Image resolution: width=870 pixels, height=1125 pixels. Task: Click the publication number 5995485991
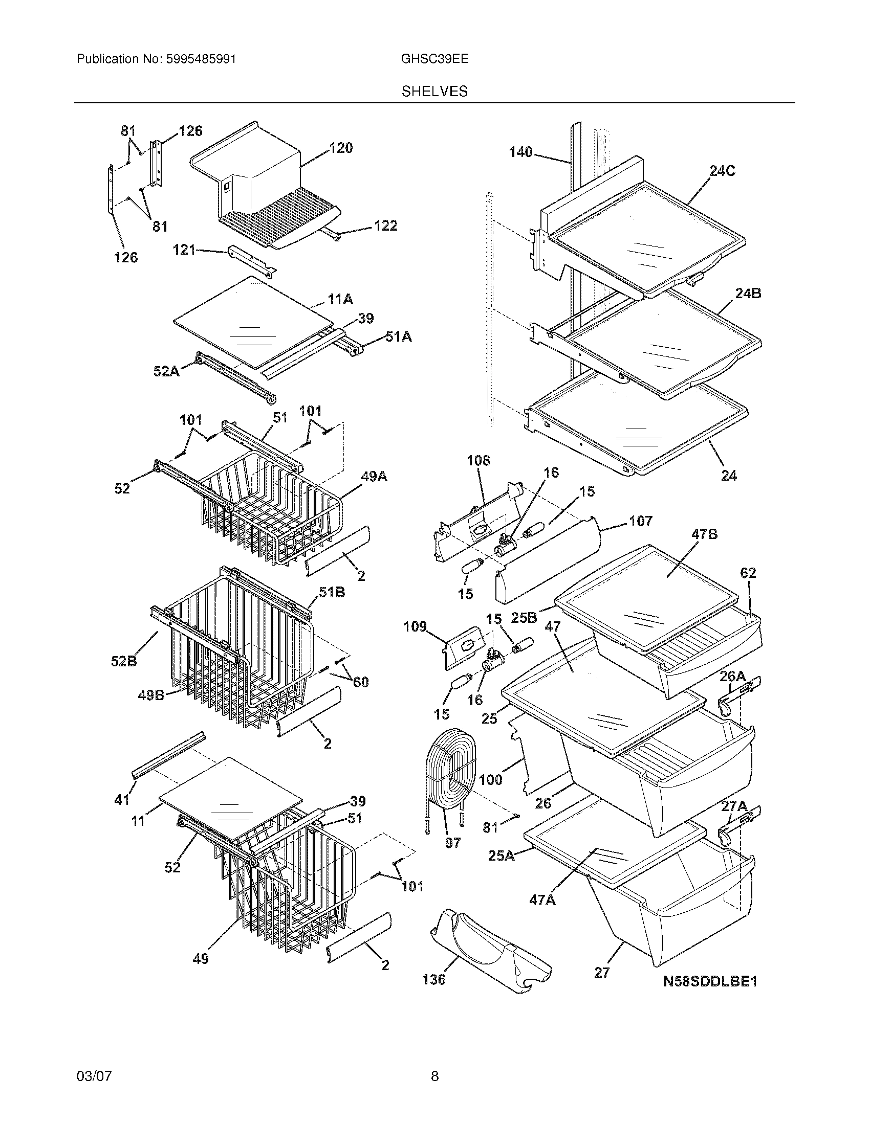[x=201, y=59]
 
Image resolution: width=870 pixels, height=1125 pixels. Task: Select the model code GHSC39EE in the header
[x=434, y=59]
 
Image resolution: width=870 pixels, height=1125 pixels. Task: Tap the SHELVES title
[x=434, y=92]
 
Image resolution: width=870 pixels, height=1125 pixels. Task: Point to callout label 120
[x=341, y=148]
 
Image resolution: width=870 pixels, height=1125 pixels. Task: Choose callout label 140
[x=520, y=152]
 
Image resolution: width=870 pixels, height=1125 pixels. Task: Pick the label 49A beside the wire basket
[x=374, y=477]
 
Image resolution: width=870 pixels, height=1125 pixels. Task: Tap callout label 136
[x=433, y=979]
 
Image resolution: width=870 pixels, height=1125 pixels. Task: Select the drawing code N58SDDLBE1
[x=710, y=981]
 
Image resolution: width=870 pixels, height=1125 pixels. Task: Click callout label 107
[x=640, y=521]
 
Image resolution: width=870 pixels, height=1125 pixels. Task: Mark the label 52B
[x=124, y=660]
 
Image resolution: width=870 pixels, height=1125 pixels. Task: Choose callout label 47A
[x=542, y=900]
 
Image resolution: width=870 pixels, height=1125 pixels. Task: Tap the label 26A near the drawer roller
[x=732, y=676]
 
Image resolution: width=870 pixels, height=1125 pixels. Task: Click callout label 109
[x=415, y=626]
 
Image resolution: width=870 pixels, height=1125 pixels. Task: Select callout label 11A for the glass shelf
[x=340, y=299]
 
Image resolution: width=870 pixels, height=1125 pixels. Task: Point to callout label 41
[x=122, y=799]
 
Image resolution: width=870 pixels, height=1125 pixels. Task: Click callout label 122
[x=385, y=226]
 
